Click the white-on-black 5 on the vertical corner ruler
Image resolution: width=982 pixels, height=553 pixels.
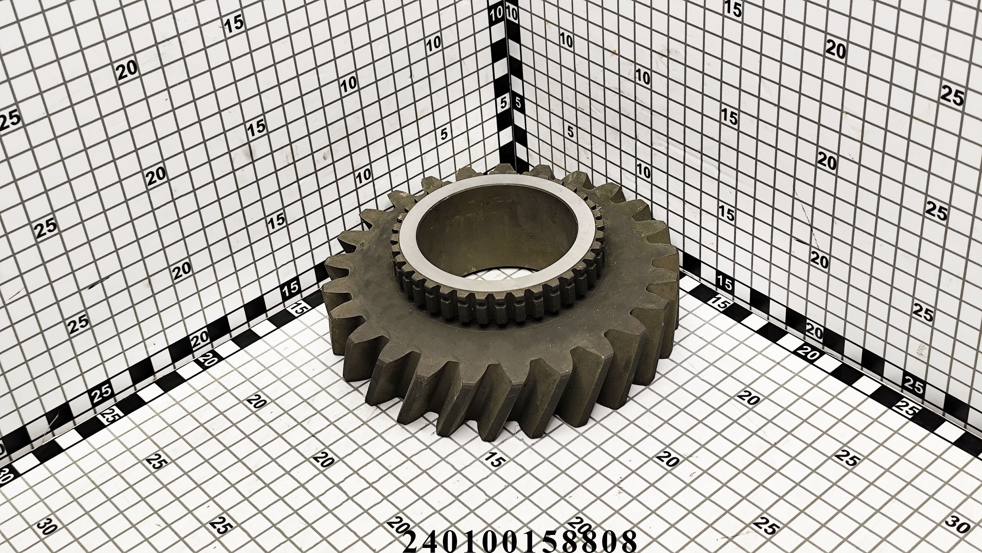(x=504, y=102)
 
